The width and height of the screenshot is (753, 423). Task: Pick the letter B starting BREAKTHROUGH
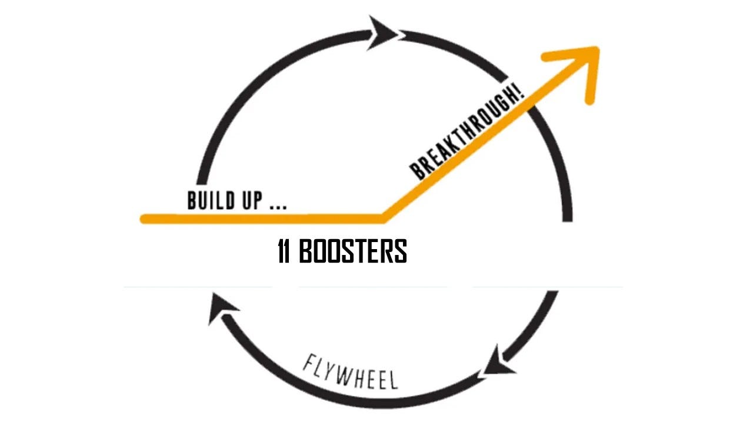point(417,172)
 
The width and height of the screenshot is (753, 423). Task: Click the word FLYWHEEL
point(351,372)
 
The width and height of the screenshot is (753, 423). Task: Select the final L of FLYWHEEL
point(392,381)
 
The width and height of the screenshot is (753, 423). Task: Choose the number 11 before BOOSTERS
point(284,251)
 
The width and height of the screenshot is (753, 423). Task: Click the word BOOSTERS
point(353,251)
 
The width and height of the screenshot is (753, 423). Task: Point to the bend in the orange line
point(384,219)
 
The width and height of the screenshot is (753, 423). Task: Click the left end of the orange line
point(144,219)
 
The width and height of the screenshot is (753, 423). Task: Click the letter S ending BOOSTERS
point(400,251)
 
